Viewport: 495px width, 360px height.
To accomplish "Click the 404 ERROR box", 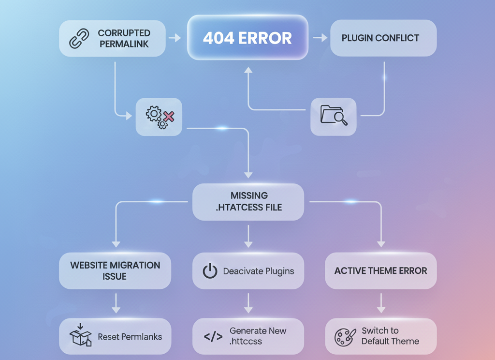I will pyautogui.click(x=247, y=38).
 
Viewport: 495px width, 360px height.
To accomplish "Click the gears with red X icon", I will pyautogui.click(x=160, y=117).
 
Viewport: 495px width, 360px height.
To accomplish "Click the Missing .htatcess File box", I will pyautogui.click(x=248, y=202).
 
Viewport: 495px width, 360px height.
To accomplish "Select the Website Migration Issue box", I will pyautogui.click(x=115, y=271).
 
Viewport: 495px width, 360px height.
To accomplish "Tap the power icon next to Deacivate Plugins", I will pyautogui.click(x=210, y=271).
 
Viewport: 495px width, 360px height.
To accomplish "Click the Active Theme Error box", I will pyautogui.click(x=380, y=271).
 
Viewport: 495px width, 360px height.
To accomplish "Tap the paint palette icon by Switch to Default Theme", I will pyautogui.click(x=345, y=336).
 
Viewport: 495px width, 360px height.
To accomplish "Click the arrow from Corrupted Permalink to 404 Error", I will pyautogui.click(x=175, y=38).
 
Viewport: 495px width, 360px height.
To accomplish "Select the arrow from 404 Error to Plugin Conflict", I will pyautogui.click(x=320, y=38).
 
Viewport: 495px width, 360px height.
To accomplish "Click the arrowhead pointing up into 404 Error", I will pyautogui.click(x=248, y=71).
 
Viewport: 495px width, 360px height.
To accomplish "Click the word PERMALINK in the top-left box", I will pyautogui.click(x=124, y=44).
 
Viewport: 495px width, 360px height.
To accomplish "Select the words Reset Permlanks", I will pyautogui.click(x=130, y=337).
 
